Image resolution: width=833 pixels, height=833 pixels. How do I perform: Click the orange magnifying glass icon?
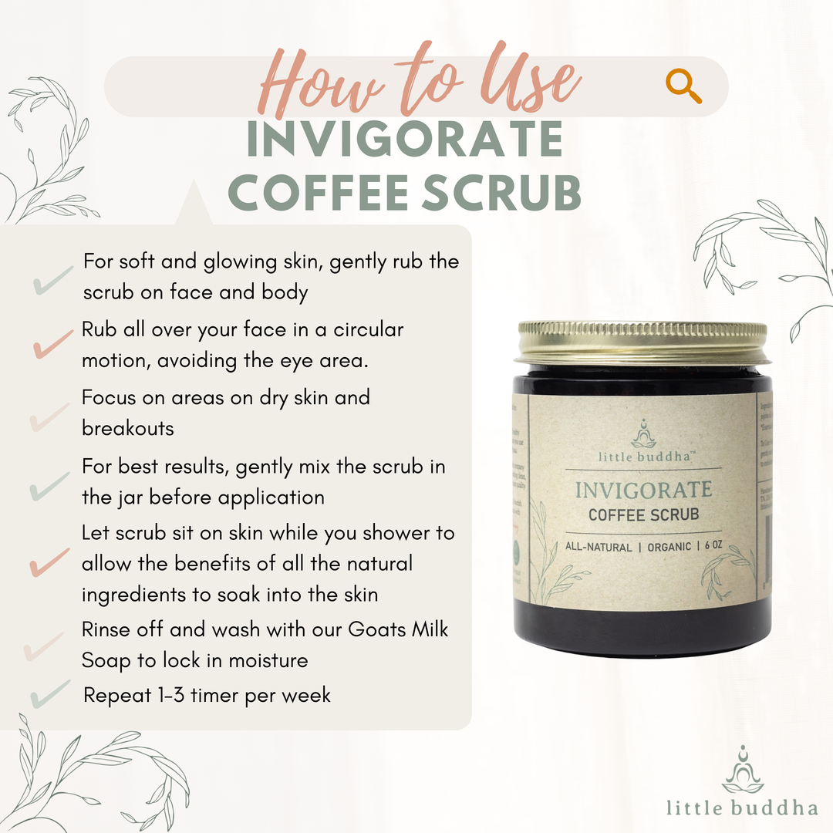(x=683, y=86)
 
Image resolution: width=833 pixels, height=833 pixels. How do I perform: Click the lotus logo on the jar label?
(x=643, y=433)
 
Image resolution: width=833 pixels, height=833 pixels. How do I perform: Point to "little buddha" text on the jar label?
(x=643, y=456)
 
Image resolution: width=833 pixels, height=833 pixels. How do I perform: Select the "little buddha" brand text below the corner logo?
(x=742, y=807)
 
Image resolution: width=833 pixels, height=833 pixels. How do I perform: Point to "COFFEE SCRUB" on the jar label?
(x=643, y=514)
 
